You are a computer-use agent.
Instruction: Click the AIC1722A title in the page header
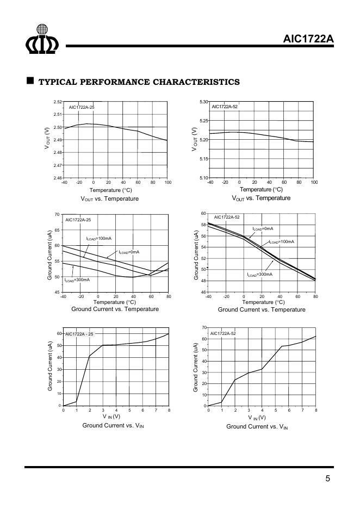point(308,39)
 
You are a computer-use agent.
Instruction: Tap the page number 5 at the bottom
point(327,479)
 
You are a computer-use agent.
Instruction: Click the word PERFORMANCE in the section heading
point(113,82)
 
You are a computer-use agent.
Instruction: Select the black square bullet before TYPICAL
point(30,81)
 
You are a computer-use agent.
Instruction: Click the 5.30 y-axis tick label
point(203,102)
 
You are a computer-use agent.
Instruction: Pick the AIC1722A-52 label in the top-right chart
point(225,107)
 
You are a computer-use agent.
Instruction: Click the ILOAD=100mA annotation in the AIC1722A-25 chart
point(99,238)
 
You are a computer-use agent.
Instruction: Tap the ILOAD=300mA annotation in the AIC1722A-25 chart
point(77,280)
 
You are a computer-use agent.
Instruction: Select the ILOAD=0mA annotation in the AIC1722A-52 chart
point(263,228)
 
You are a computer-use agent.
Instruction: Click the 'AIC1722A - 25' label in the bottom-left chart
point(79,334)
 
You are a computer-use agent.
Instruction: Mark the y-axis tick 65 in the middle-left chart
point(57,230)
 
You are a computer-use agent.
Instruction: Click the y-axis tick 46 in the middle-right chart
point(204,293)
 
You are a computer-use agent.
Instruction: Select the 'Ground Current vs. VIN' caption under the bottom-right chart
point(257,427)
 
